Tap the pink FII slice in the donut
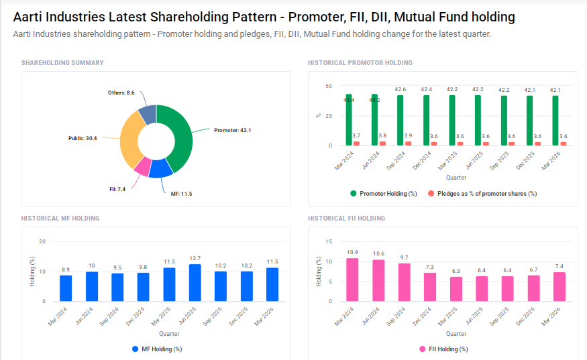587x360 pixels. click(142, 166)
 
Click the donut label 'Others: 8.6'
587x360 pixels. click(121, 93)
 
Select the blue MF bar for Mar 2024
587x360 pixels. click(66, 288)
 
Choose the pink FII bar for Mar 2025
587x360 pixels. click(456, 289)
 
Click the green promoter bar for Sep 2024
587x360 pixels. click(400, 120)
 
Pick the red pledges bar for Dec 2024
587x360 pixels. click(433, 143)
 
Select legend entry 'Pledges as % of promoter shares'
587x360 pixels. click(481, 194)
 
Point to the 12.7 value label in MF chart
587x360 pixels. click(195, 258)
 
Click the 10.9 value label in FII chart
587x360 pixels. click(352, 252)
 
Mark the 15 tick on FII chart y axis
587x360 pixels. click(328, 241)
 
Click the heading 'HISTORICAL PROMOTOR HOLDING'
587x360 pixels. click(360, 63)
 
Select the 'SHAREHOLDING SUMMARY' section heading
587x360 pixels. click(62, 63)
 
